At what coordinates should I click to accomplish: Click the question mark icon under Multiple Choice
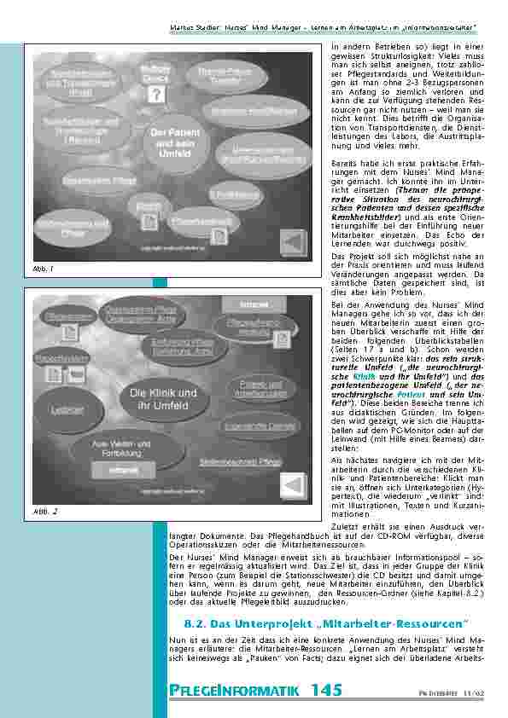tap(155, 95)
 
